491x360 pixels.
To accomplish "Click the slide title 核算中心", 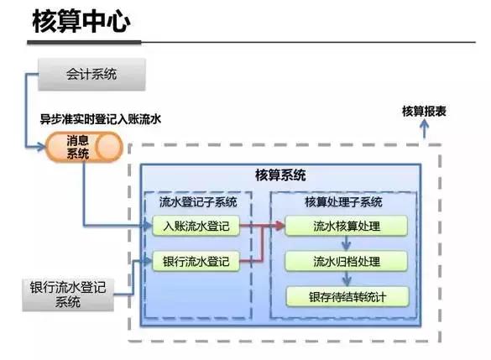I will pos(81,23).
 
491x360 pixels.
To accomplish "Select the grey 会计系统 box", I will pos(92,75).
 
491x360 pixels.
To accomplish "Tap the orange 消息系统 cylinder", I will pos(84,148).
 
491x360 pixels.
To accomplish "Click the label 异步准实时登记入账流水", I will pos(100,120).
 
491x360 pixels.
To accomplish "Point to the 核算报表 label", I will pos(424,111).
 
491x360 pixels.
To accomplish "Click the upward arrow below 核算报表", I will pos(424,128).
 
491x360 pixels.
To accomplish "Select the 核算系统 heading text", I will pos(280,175).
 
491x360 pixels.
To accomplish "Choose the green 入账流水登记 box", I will pos(196,226).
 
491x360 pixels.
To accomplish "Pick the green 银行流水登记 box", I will pos(196,261).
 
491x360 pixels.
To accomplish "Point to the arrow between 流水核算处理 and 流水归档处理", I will pos(346,243).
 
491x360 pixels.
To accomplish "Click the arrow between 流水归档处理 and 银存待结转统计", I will pos(346,279).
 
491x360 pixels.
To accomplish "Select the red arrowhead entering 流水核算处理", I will pos(280,226).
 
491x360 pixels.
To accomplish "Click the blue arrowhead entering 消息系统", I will pos(41,148).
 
